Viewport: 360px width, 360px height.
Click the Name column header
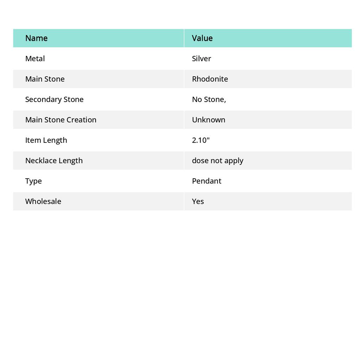coord(36,38)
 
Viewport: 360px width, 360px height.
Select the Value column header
coord(202,38)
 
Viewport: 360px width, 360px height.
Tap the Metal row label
coord(35,58)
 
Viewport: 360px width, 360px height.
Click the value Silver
coord(201,58)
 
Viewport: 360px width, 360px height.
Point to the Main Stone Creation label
coord(60,120)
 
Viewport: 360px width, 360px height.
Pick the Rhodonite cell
coord(210,79)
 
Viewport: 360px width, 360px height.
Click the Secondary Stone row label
coord(54,99)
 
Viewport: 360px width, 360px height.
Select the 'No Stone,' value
coord(209,99)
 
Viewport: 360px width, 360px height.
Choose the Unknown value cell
coord(208,120)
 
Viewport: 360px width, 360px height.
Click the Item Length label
coord(46,140)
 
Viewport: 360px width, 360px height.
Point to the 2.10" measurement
coord(201,140)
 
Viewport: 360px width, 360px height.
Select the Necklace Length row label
coord(54,160)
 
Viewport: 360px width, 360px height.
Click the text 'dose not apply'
coord(218,160)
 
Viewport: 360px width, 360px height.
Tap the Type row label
coord(33,181)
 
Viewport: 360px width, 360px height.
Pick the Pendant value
coord(207,181)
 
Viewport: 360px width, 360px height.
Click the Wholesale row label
coord(43,201)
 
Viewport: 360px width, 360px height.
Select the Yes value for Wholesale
coord(198,201)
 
